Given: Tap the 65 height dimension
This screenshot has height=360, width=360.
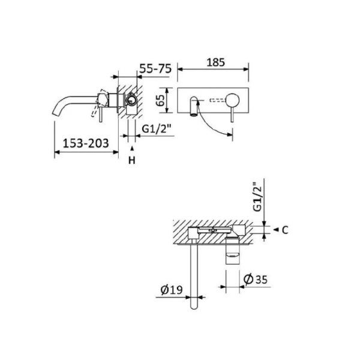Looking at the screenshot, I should point(161,100).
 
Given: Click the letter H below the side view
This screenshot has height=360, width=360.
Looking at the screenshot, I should point(132,160).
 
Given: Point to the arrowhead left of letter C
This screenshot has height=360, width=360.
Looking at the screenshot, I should point(275,229).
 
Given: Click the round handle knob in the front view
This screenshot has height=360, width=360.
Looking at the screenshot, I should point(232,99).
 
